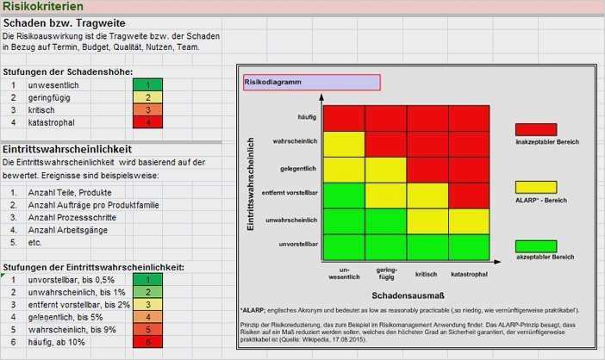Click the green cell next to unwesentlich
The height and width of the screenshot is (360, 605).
click(147, 84)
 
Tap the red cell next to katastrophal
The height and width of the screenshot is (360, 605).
click(147, 122)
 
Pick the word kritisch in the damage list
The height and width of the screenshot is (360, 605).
click(41, 110)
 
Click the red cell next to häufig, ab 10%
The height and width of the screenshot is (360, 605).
click(147, 343)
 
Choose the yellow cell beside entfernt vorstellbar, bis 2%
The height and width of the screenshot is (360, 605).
click(147, 304)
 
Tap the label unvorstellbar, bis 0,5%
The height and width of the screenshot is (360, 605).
click(72, 280)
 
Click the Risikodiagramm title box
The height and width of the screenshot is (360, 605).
click(310, 83)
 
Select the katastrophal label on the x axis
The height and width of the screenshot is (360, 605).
click(469, 274)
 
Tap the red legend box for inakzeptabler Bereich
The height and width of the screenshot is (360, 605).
click(536, 129)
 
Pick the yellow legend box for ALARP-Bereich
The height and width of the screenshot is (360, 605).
click(536, 187)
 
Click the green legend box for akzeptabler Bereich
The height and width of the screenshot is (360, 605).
click(536, 246)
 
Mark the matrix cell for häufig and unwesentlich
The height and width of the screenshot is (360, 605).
click(343, 118)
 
